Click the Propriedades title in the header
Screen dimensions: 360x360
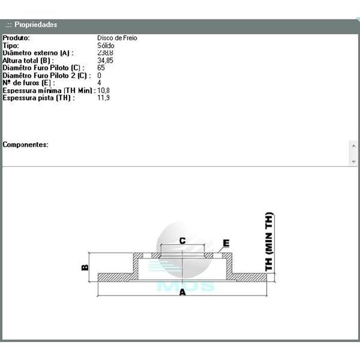coord(36,24)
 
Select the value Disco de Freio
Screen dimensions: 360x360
coord(117,38)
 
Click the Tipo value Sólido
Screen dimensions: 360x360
coord(105,45)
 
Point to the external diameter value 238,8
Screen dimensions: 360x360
coord(105,53)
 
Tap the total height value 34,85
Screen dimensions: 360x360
coord(105,60)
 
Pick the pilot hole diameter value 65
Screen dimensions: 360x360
coord(101,68)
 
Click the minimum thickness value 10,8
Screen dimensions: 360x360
coord(103,90)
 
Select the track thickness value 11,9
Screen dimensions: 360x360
coord(103,98)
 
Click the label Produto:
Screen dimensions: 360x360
coord(16,38)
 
